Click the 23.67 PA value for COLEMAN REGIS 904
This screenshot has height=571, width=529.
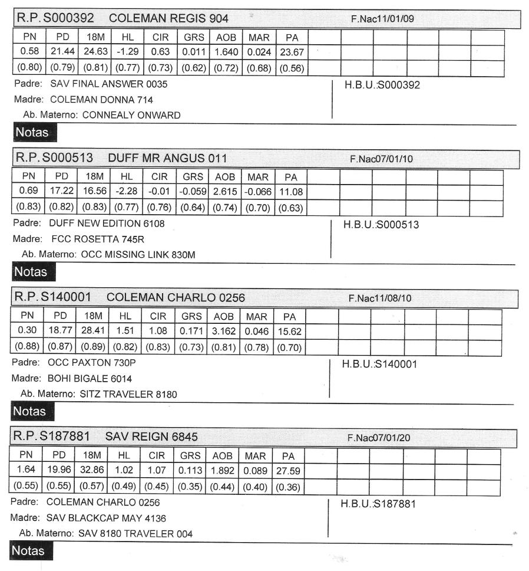click(290, 52)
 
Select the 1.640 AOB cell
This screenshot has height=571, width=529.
click(226, 52)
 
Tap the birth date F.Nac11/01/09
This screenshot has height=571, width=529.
click(383, 19)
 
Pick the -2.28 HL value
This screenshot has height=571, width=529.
click(125, 192)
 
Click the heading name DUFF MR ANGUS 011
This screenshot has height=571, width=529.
click(167, 159)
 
